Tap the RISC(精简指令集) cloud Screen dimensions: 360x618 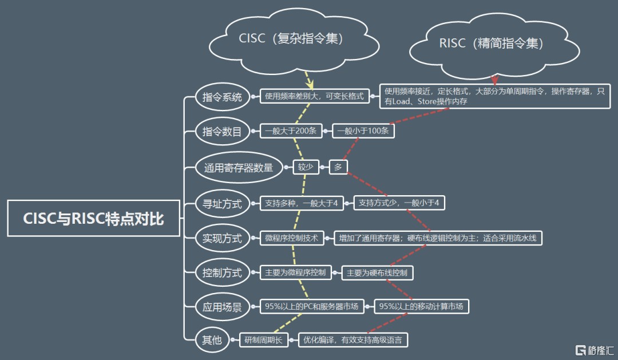(491, 43)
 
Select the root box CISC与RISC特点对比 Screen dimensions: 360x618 (93, 219)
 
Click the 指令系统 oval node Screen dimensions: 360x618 (222, 97)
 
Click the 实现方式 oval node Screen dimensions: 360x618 (222, 238)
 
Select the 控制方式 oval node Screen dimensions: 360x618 (222, 272)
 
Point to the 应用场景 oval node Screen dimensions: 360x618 (222, 307)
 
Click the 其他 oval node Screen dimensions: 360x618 (211, 341)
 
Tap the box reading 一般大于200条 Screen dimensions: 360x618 (291, 131)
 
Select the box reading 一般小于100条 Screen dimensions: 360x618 (363, 131)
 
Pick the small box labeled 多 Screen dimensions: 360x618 (338, 167)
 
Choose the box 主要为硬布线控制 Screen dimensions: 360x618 (377, 273)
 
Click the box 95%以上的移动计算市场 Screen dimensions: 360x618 (421, 307)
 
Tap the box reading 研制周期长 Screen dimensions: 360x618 (263, 340)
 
